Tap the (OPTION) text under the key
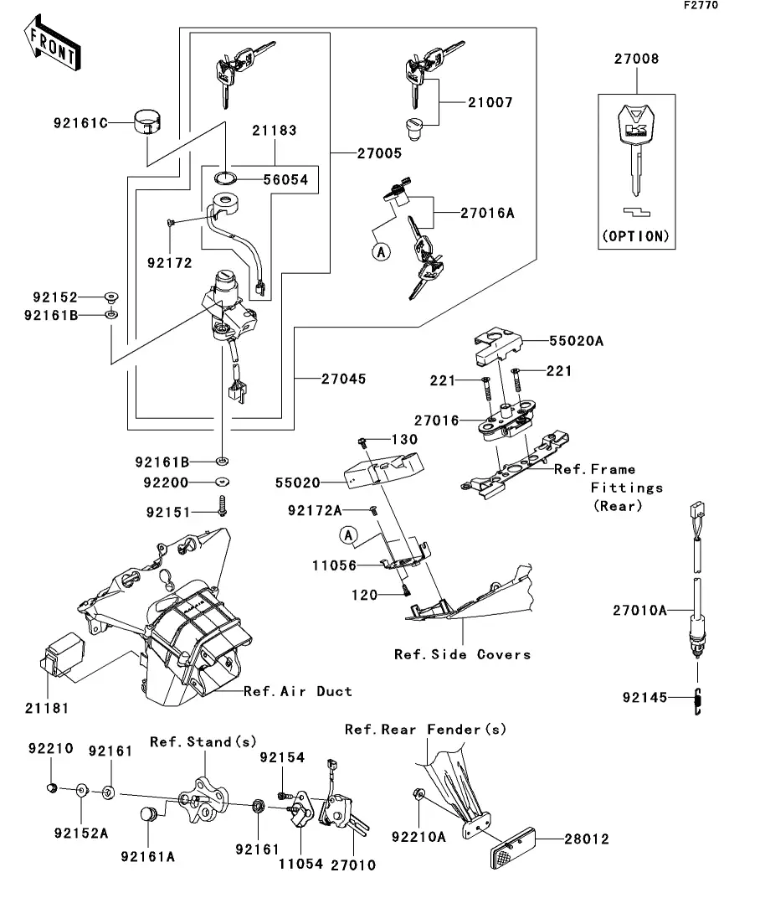(636, 236)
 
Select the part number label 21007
(490, 103)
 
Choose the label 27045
(343, 379)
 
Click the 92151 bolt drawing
(223, 507)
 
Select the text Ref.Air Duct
(298, 691)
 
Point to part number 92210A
(418, 835)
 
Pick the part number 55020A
(577, 342)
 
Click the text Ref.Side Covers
(462, 654)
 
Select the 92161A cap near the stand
(149, 816)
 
